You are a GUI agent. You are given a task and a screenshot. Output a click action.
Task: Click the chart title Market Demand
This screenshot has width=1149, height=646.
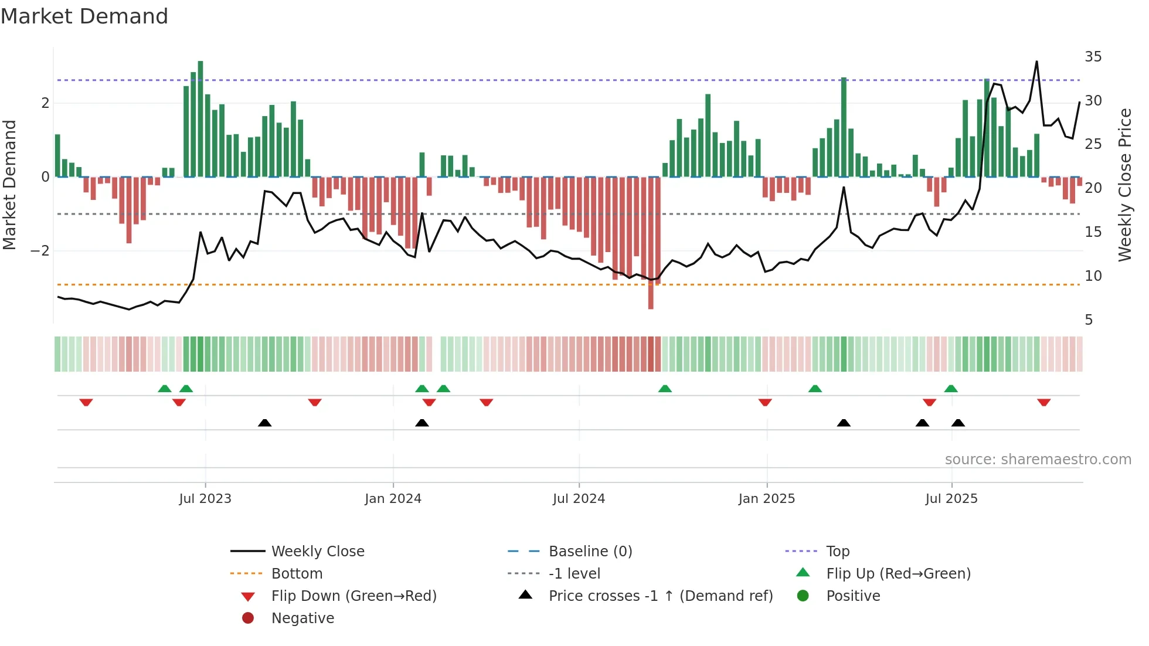pos(84,16)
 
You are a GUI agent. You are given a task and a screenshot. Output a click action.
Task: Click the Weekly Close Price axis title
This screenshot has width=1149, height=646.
pos(1124,185)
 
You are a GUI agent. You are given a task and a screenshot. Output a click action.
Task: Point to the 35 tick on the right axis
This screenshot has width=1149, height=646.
pos(1093,57)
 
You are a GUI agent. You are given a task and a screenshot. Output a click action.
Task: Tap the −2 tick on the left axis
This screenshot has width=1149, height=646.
pos(40,251)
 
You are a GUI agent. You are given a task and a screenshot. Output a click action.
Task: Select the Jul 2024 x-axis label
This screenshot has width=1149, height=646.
pos(579,499)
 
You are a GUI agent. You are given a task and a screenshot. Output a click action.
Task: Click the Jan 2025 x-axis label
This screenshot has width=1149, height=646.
pos(766,499)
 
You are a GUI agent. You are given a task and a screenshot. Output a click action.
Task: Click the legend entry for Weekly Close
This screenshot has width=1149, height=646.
pos(317,552)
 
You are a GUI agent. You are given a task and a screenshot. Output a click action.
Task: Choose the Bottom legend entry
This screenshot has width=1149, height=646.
pos(297,574)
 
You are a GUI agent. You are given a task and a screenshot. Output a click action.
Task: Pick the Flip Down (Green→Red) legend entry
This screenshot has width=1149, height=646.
pos(353,596)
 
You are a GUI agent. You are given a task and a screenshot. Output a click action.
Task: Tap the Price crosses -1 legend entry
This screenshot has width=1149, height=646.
pos(660,596)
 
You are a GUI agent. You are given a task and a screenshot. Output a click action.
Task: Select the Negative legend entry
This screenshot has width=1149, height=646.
pos(302,618)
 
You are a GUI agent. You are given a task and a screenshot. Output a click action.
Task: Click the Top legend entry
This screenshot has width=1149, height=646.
pos(837,552)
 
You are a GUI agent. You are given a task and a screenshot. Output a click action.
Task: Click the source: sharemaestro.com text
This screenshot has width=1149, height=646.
pos(1038,460)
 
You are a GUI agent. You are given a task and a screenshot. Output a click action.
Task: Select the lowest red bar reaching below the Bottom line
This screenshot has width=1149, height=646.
pos(651,243)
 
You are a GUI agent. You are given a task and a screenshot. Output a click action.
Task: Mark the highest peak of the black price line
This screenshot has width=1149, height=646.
pos(1036,62)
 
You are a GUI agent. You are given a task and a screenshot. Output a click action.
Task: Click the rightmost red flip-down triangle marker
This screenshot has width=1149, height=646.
pos(1043,402)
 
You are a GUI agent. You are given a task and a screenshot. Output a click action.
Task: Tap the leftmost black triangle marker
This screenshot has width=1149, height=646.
pos(264,423)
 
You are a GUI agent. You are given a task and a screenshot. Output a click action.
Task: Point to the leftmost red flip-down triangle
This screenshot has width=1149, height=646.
pos(86,402)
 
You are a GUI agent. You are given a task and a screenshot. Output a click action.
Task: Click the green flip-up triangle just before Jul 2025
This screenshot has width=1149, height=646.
pos(951,389)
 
